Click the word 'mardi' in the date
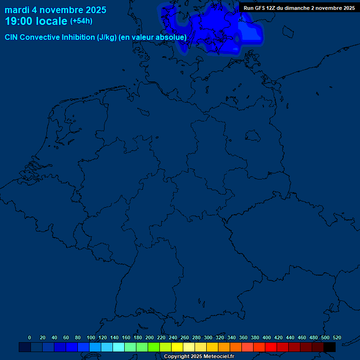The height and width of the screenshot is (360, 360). point(17,10)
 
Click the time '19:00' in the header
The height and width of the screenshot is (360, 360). point(18,21)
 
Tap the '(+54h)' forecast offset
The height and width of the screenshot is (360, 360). point(81,21)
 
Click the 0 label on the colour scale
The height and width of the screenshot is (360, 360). point(30,338)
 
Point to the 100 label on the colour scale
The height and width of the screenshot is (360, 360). point(90,338)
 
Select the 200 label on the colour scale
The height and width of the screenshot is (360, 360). point(149,338)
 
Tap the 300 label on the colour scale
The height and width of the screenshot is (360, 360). point(208,338)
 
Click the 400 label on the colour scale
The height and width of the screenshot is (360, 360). point(266,338)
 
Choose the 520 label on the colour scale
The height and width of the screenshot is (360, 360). point(337,338)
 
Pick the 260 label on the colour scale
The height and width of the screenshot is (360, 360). point(184,338)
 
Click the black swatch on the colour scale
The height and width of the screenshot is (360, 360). point(330,347)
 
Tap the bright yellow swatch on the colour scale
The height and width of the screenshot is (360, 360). point(177,347)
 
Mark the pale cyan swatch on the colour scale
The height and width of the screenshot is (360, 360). point(119,347)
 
